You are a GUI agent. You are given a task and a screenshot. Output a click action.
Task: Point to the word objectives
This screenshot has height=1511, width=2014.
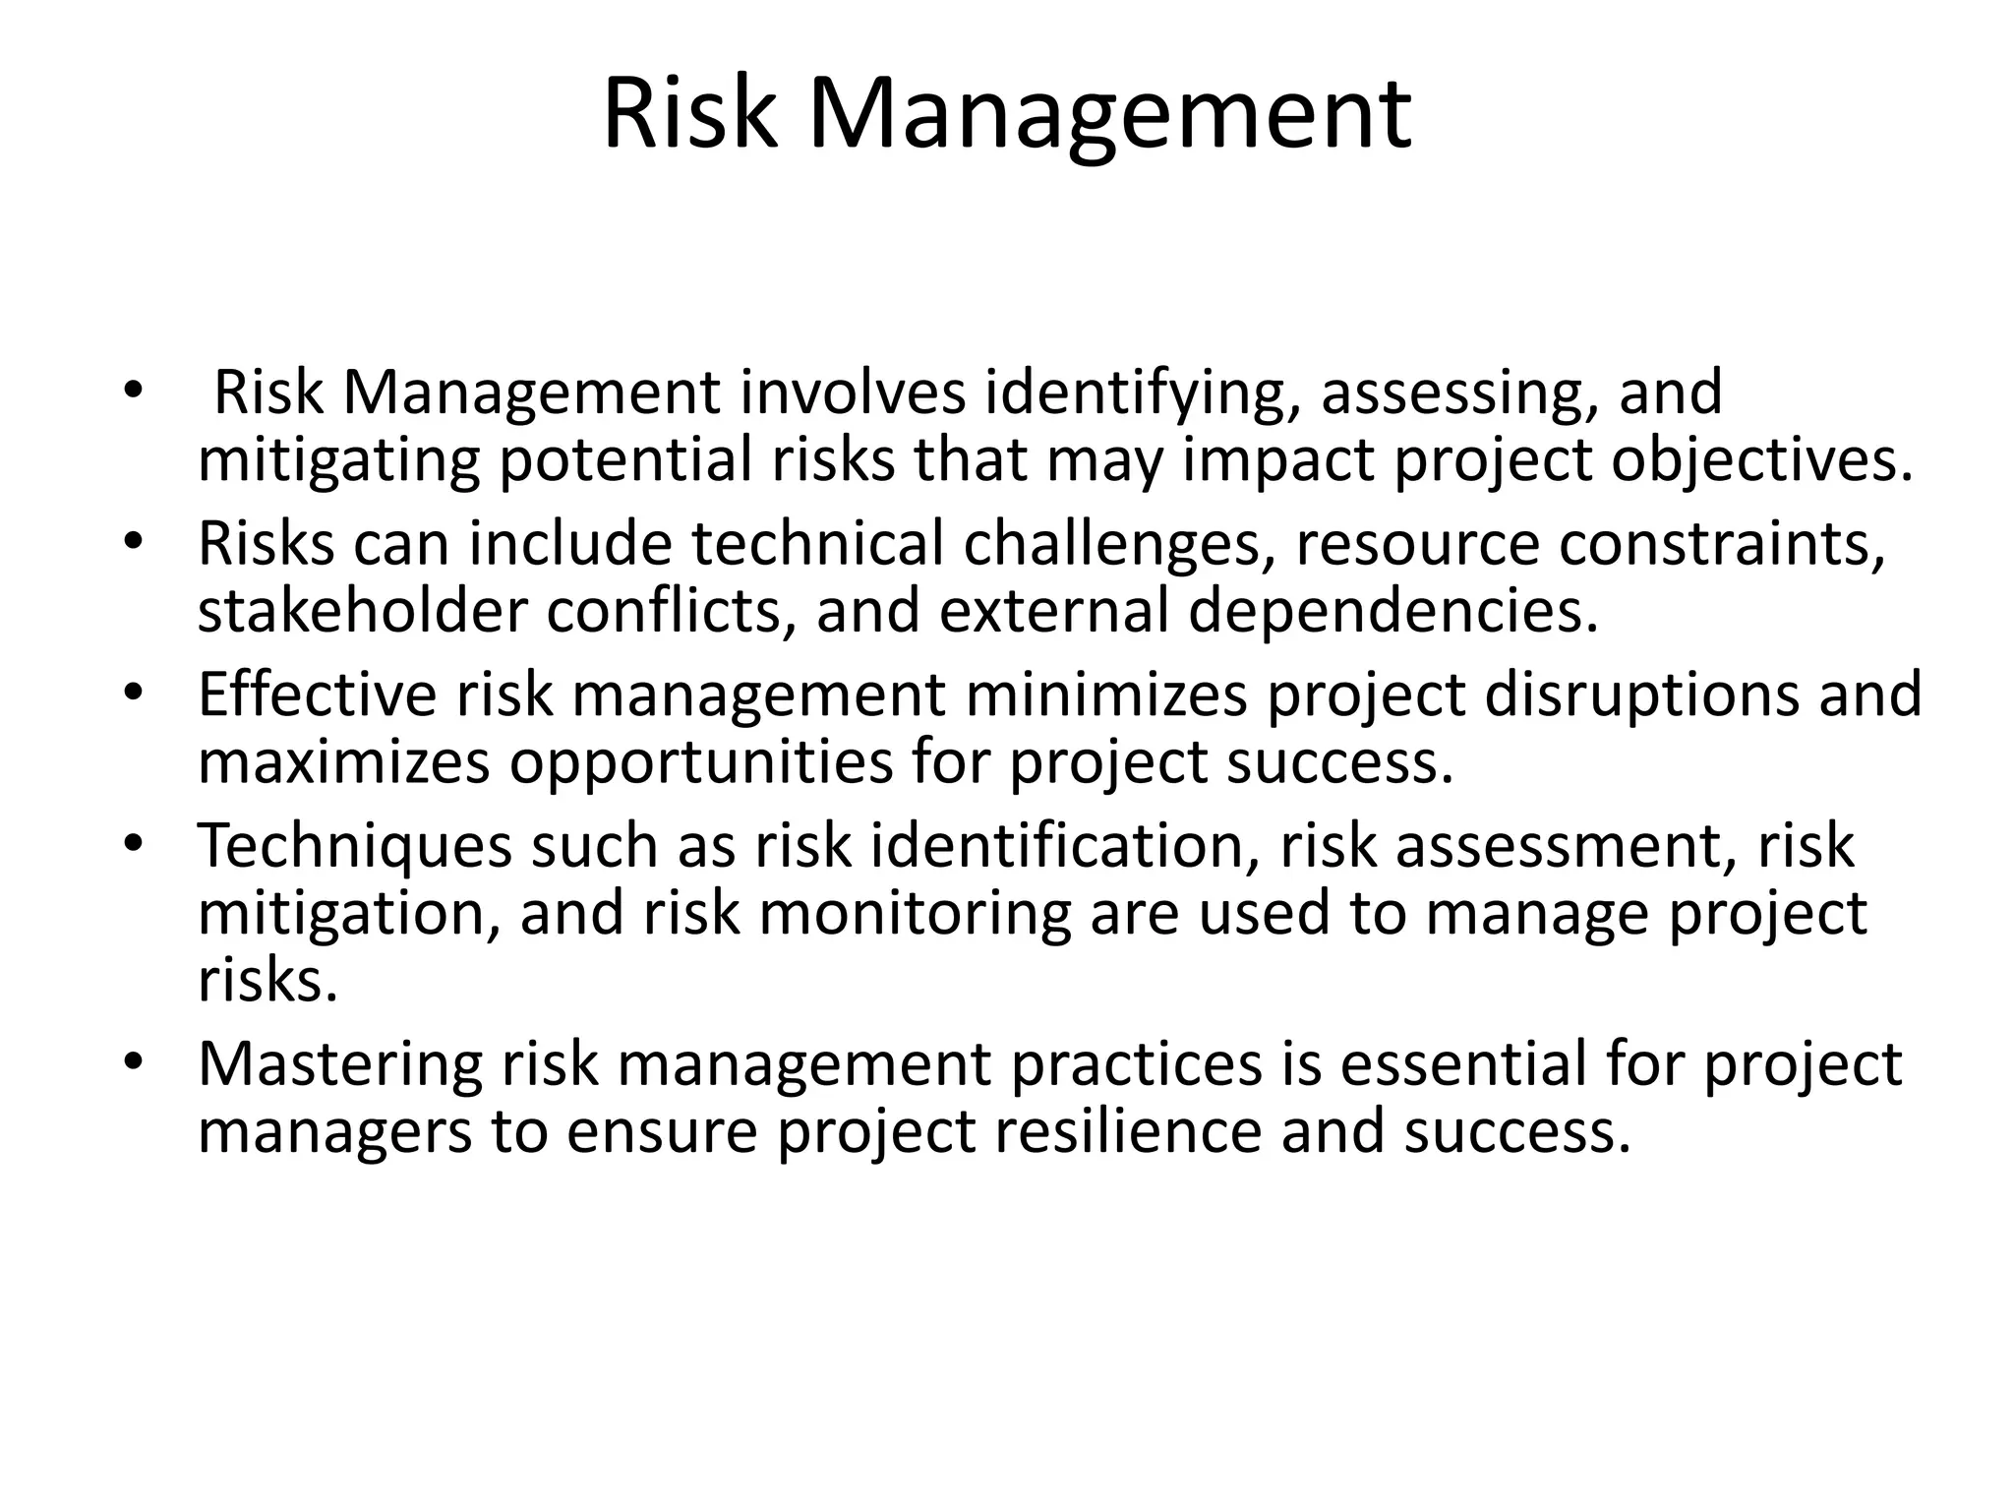click(x=1761, y=460)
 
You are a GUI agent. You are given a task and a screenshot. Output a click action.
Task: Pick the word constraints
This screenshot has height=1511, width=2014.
click(x=1722, y=545)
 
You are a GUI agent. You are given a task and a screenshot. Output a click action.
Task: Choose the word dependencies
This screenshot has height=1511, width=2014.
click(x=1392, y=612)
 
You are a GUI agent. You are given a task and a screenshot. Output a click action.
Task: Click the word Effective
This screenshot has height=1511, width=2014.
click(x=317, y=695)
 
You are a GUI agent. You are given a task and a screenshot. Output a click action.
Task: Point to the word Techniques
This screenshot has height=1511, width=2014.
click(x=355, y=847)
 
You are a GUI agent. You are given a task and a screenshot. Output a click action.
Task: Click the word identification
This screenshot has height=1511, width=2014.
click(x=1065, y=846)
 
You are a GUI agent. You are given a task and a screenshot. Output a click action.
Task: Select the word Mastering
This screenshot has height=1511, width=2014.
click(x=340, y=1065)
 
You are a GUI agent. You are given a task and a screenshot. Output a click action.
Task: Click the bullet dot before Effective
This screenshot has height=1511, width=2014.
click(x=134, y=695)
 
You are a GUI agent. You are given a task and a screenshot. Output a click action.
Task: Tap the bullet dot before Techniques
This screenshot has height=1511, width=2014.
click(x=134, y=845)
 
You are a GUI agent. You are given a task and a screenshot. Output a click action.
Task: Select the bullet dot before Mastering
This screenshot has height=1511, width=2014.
click(x=134, y=1063)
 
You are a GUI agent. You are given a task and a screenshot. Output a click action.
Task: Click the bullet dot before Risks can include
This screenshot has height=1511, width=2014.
click(x=134, y=543)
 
